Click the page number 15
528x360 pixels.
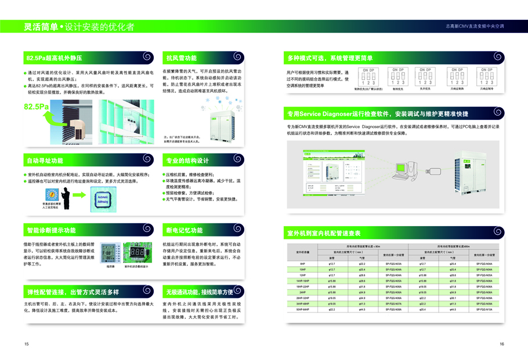(x=27, y=344)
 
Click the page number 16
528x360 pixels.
(x=501, y=344)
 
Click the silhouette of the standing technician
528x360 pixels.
(x=66, y=198)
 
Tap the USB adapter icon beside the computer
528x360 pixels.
(x=433, y=171)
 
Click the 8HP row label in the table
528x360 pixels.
(x=303, y=263)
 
